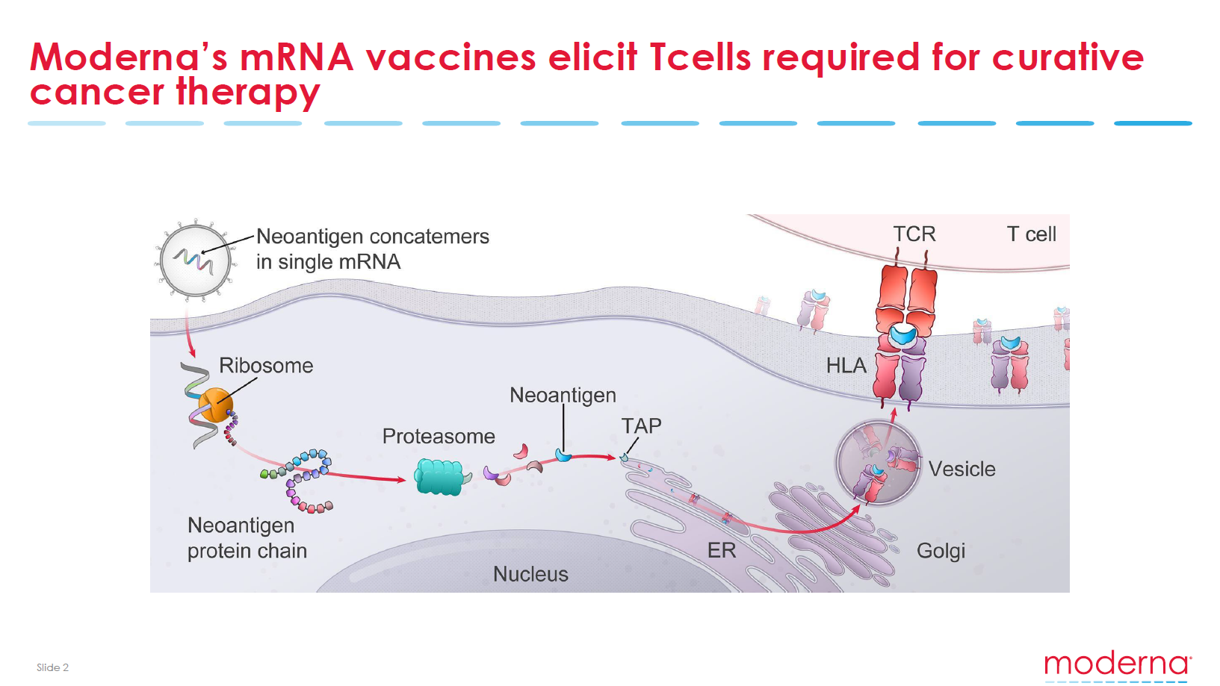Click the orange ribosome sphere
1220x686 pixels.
(x=216, y=405)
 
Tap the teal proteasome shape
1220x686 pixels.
(x=439, y=477)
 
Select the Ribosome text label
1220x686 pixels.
(x=266, y=366)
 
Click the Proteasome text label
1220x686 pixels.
(x=439, y=436)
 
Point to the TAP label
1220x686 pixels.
(x=642, y=426)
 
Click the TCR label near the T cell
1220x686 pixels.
(x=914, y=234)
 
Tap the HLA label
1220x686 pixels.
(x=846, y=366)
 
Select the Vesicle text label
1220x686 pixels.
(x=962, y=469)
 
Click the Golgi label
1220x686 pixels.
(x=941, y=551)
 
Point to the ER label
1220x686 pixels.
(x=722, y=551)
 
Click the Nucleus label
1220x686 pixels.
(x=530, y=574)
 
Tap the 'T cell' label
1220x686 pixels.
(x=1032, y=234)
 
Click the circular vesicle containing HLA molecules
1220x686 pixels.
(x=878, y=463)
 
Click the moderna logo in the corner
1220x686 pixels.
(x=1118, y=665)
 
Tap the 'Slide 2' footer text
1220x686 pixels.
(x=52, y=667)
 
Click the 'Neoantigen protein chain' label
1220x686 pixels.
(x=247, y=538)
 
